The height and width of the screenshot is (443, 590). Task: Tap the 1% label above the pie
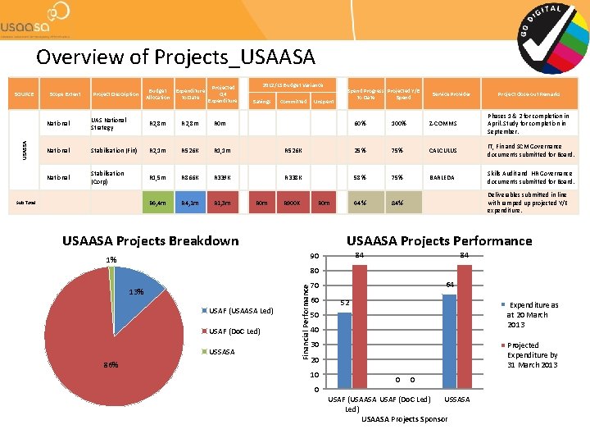(111, 260)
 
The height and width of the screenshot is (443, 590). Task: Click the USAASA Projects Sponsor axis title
(405, 419)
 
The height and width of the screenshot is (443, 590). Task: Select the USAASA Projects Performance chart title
(439, 241)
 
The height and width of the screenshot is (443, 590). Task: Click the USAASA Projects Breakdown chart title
(151, 240)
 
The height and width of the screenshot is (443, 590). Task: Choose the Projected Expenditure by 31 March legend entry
(531, 355)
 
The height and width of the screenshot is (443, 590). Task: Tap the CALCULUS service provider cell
(447, 150)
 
